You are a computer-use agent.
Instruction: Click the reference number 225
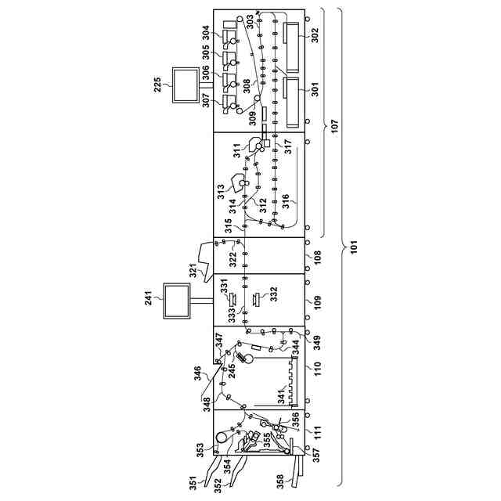[x=158, y=85]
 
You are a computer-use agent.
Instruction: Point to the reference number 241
[x=149, y=298]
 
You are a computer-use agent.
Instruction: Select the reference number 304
[x=206, y=33]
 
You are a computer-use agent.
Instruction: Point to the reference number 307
[x=206, y=100]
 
